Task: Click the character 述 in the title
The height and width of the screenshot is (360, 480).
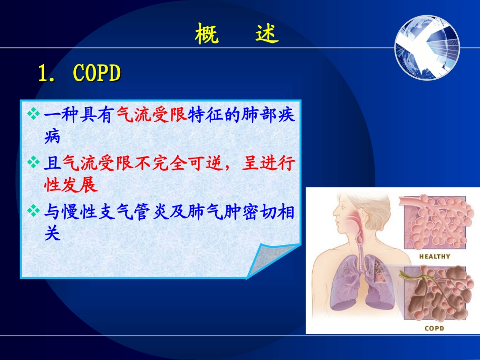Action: [267, 35]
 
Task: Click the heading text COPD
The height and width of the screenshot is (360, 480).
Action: [97, 74]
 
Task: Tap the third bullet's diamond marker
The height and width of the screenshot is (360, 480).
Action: [34, 211]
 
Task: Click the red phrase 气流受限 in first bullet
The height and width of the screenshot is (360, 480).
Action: [152, 115]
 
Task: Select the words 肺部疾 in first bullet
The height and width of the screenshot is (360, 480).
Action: [270, 115]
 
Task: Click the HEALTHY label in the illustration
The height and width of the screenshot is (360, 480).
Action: [435, 256]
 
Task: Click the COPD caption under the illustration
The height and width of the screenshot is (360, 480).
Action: [434, 328]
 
